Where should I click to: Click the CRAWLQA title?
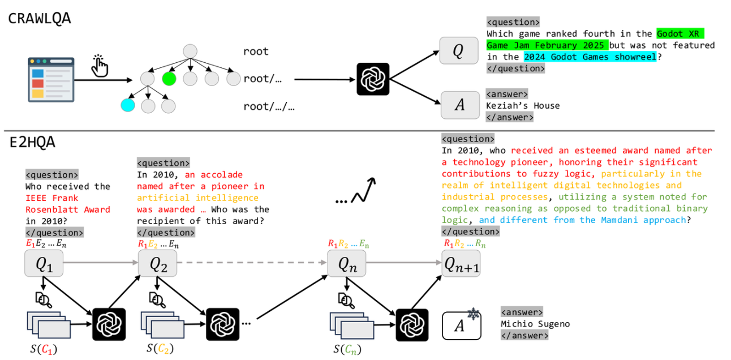tap(40, 19)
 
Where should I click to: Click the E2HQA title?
tap(32, 143)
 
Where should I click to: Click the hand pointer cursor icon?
tap(100, 65)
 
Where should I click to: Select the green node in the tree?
tap(169, 79)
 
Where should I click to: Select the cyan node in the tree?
tap(128, 105)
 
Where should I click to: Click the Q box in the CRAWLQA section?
tap(459, 51)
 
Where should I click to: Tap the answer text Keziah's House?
tap(523, 105)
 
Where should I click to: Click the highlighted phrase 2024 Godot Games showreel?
tap(590, 57)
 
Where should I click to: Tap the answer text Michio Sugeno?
tap(535, 324)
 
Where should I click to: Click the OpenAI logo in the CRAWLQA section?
tap(373, 79)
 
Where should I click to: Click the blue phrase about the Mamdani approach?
tap(582, 220)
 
